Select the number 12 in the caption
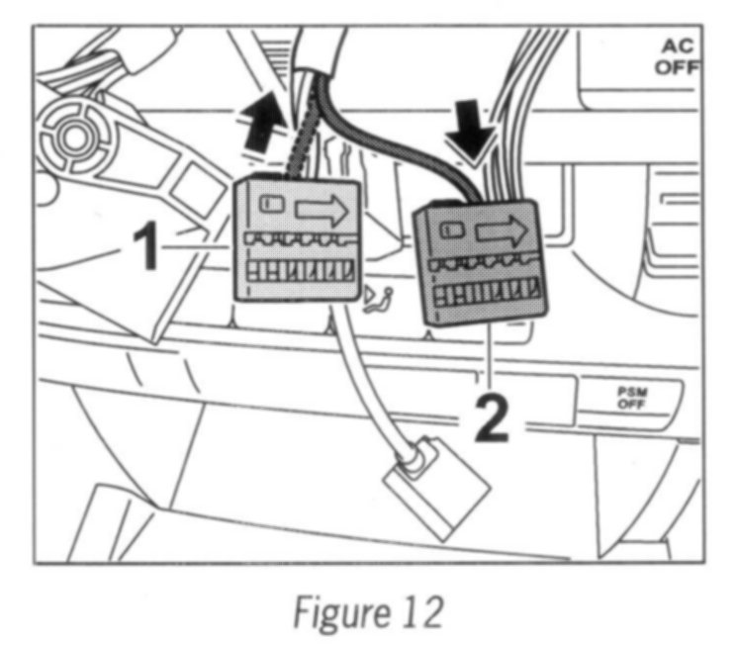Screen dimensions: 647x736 click(421, 612)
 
